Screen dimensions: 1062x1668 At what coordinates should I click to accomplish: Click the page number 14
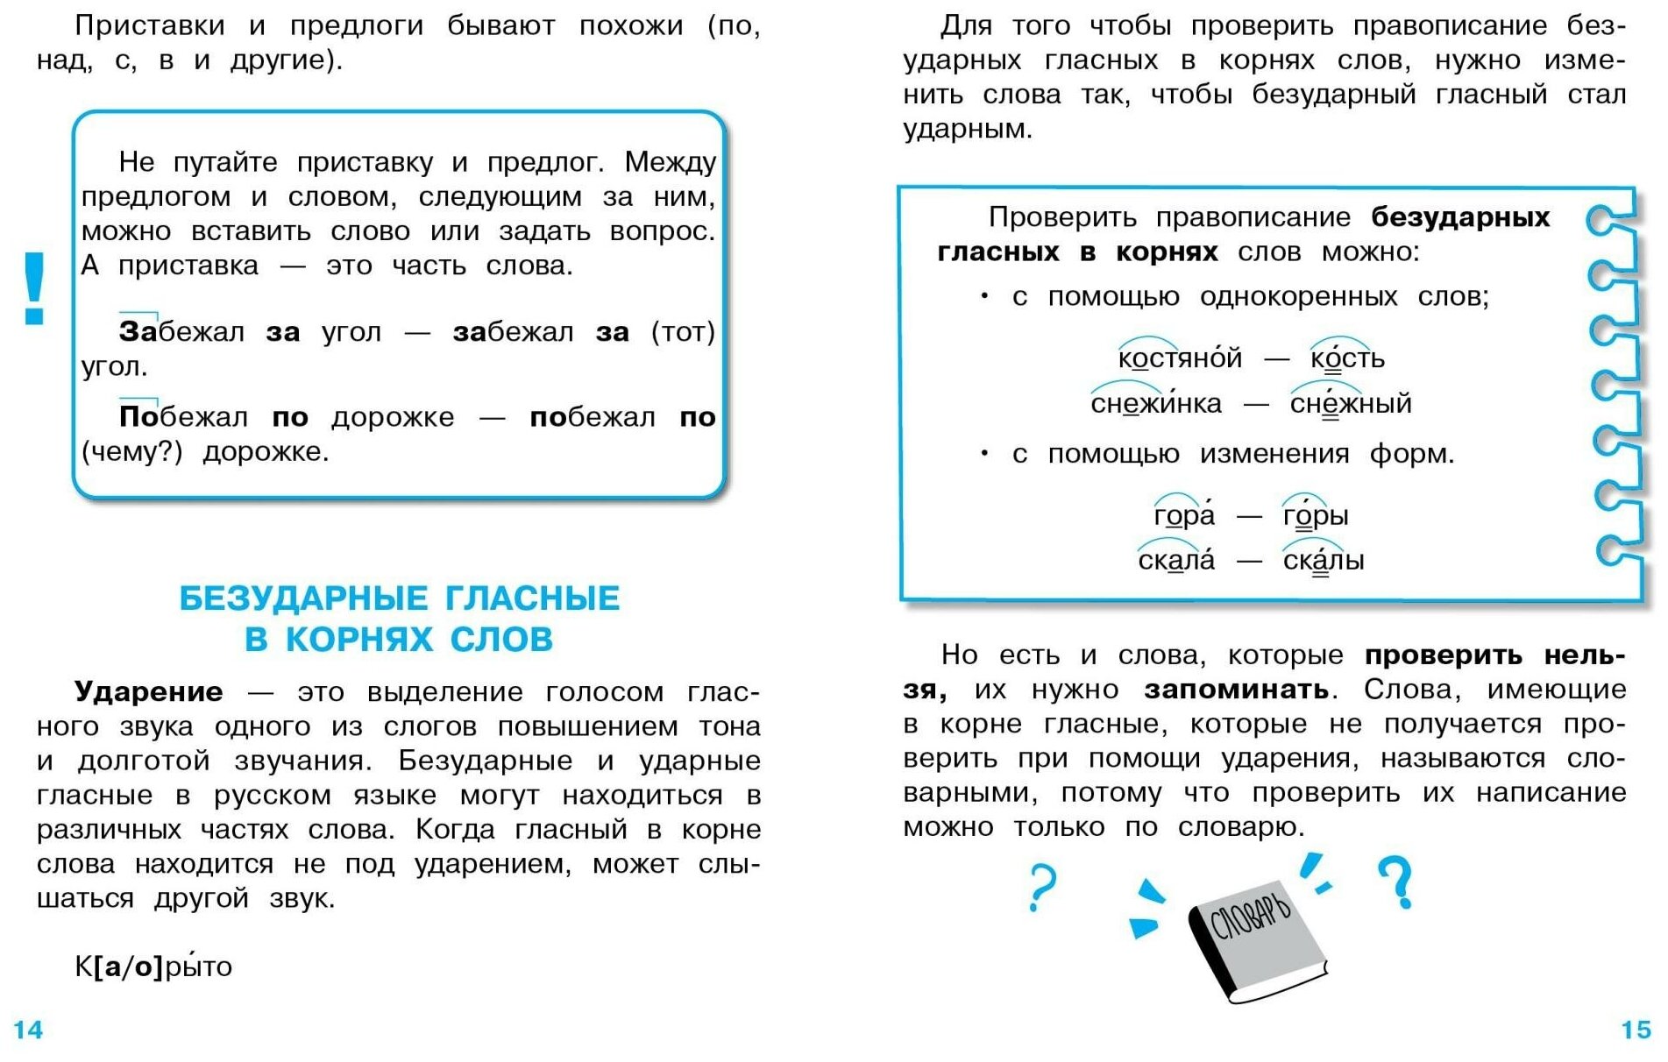27,1029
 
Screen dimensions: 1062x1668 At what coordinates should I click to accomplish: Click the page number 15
1636,1029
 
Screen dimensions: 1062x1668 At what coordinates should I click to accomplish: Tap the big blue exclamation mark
34,288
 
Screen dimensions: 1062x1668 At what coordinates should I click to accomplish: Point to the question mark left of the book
1041,887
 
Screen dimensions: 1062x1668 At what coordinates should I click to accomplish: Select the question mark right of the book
1395,881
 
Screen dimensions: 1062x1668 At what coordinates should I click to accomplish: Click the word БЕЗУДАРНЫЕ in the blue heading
302,598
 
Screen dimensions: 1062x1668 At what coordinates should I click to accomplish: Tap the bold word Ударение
148,691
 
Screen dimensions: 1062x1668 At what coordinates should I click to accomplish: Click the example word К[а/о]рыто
153,966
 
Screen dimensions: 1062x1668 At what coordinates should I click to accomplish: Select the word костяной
1180,358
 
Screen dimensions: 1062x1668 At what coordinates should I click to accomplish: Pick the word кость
1347,358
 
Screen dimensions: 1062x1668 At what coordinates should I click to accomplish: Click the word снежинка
1155,403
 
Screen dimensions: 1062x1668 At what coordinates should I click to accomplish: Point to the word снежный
1351,403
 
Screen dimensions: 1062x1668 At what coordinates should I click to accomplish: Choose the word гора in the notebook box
1184,515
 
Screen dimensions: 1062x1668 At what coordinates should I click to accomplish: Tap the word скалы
1324,560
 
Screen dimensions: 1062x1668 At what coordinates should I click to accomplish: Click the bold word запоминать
1236,690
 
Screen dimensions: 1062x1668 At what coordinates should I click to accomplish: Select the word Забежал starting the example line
181,332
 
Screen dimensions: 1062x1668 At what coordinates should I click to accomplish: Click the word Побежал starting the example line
183,417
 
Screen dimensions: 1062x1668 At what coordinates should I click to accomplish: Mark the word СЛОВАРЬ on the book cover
1250,917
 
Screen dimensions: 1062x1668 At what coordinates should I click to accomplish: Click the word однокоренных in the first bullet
1298,297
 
